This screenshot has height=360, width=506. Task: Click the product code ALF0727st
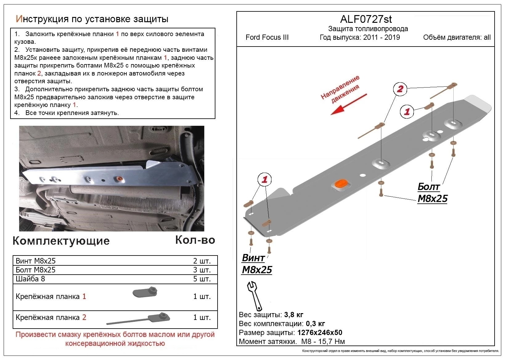coord(366,19)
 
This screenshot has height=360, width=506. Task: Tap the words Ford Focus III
coord(267,38)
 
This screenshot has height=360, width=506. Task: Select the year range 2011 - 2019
coord(381,38)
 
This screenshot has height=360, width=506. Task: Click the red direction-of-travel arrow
coord(348,104)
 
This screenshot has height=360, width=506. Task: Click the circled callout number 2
coord(400,89)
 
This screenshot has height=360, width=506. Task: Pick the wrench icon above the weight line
coord(254,295)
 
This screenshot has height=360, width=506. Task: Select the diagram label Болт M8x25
coord(432,193)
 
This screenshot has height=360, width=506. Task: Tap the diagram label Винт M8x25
coord(257,264)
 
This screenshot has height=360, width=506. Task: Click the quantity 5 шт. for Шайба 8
coord(202,279)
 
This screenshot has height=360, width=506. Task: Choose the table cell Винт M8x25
coord(36,261)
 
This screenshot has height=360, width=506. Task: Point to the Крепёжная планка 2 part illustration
coord(139,319)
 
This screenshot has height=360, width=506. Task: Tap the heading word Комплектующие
coord(61,241)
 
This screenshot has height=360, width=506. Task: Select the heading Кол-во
coord(195,240)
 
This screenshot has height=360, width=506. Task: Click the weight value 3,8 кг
coord(294,315)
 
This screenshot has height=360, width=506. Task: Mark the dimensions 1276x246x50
coord(320,333)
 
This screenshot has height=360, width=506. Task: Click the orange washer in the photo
coord(118,179)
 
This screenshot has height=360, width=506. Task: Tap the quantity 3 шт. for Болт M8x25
coord(202,270)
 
